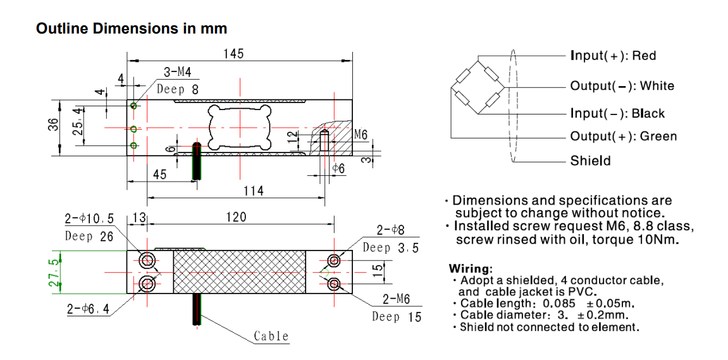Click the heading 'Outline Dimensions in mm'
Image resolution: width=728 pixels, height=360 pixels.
(132, 28)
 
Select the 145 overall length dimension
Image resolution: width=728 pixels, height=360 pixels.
(233, 54)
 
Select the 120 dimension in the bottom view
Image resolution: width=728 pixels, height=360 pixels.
(236, 218)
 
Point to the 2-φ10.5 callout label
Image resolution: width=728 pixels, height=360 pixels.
(89, 219)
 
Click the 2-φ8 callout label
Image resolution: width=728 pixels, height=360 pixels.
(390, 230)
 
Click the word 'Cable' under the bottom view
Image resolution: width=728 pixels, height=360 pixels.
(271, 336)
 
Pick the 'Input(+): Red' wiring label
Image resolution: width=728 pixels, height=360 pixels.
(613, 56)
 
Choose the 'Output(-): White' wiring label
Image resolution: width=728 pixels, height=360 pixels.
(622, 86)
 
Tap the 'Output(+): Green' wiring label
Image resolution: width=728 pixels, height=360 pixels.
(623, 136)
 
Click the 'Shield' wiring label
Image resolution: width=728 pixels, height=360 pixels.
(590, 161)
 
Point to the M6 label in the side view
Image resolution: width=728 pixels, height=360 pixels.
(361, 134)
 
